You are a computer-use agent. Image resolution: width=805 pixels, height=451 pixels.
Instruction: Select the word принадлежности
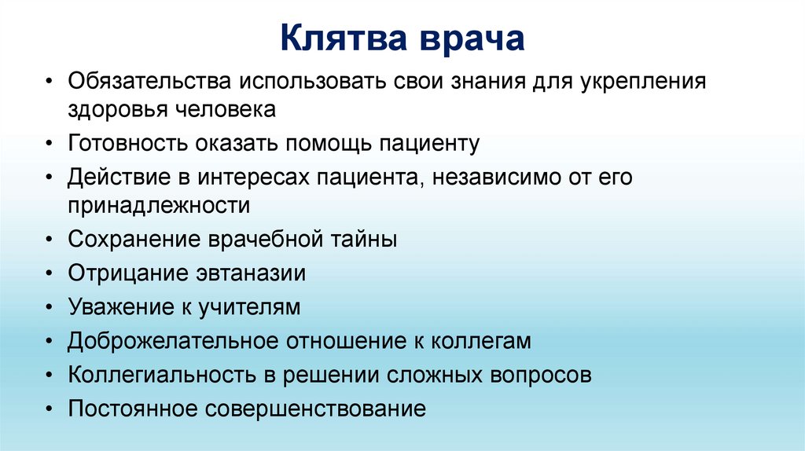[x=159, y=206]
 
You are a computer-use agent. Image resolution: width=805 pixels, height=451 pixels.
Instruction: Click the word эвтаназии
[x=249, y=273]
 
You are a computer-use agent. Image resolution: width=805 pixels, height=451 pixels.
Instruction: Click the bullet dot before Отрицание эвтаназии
[x=50, y=274]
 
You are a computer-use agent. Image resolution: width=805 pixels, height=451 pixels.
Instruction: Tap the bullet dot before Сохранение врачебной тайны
[x=50, y=240]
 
